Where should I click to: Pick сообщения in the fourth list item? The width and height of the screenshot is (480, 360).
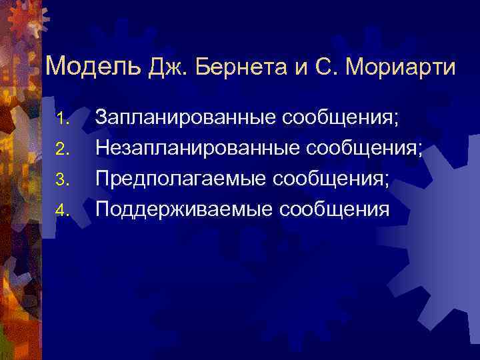[335, 209]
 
